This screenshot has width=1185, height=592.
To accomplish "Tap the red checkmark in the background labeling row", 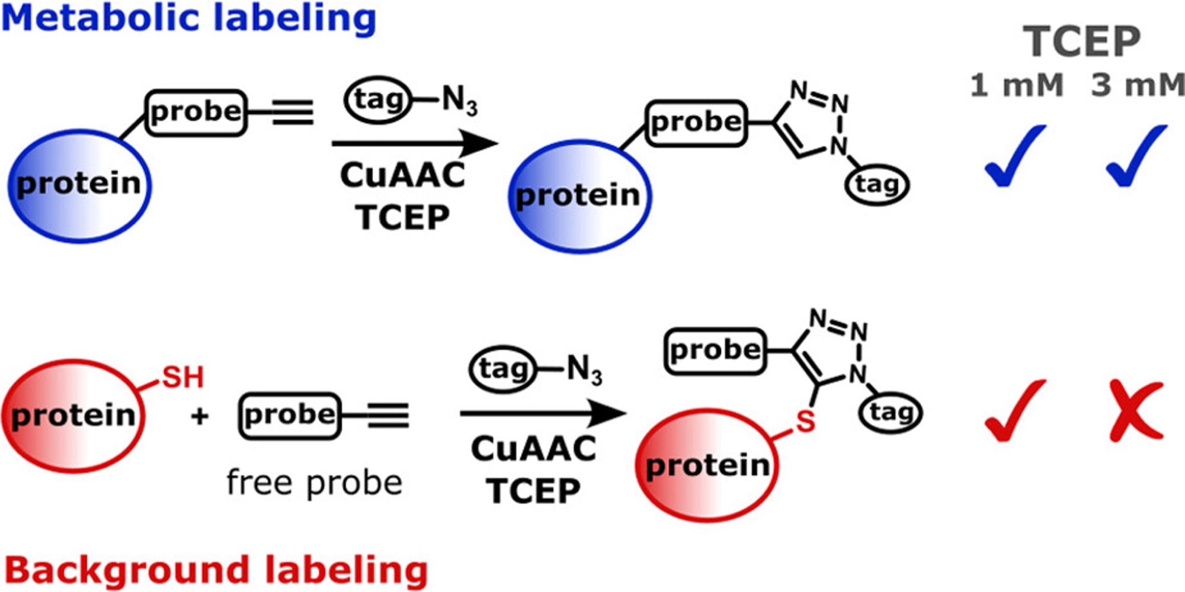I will point(1014,411).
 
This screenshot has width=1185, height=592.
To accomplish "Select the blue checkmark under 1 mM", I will point(1014,157).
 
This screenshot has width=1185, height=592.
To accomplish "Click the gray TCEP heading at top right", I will point(1081,41).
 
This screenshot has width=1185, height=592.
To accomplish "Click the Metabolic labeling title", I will point(188,18).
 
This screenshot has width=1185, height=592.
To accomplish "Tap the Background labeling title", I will point(216,570).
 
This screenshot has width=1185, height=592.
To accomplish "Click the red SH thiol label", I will point(182,377).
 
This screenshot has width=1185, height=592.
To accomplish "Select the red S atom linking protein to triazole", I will point(805,422).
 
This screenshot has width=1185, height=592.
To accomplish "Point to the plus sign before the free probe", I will point(200,416).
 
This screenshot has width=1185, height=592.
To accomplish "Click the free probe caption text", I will point(314,482).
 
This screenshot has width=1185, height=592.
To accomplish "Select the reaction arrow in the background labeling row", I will point(542,414).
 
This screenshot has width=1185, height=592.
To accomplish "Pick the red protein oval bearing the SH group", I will point(73,416).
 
